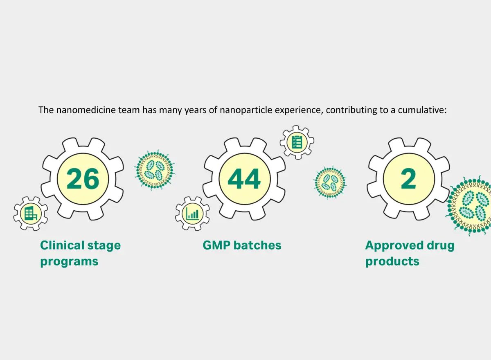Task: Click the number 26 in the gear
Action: coord(83,179)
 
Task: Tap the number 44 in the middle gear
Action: coord(244,179)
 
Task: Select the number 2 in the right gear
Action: coord(409,179)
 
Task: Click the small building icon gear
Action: coord(30,213)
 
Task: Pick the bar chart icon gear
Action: coord(192,213)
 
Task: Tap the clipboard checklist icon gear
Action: coord(297,142)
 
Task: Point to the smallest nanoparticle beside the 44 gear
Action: coord(330,182)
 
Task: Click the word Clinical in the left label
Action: coord(62,245)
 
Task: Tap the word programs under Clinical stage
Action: coord(69,261)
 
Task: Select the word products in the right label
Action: coord(392,261)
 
